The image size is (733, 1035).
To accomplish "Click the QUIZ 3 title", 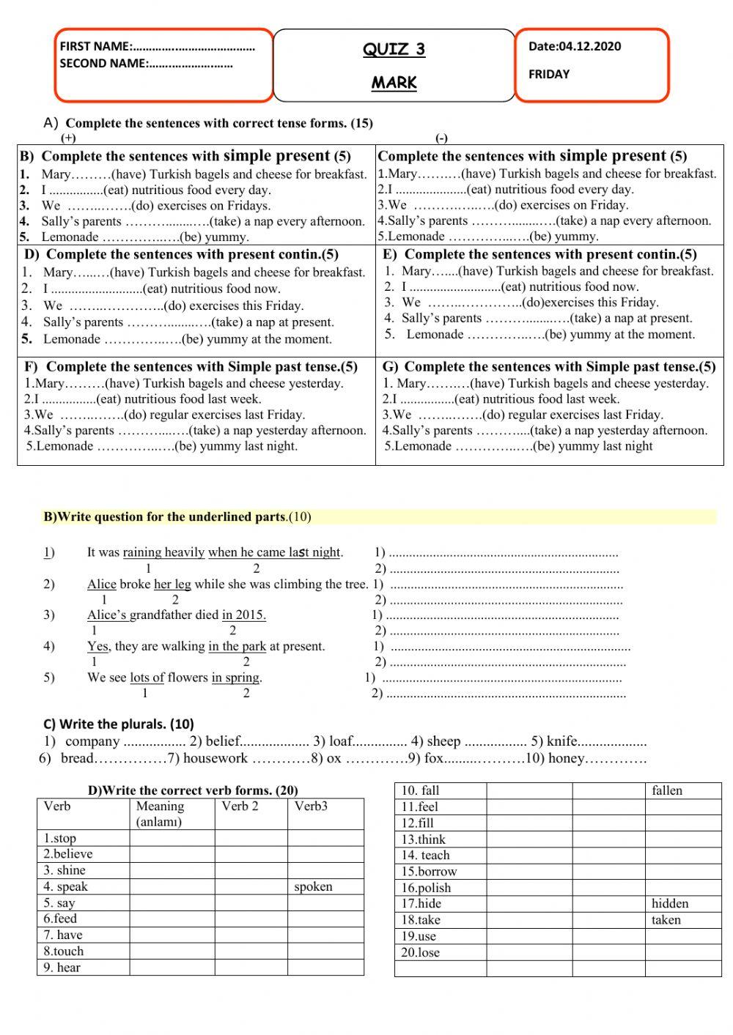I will coord(394,49).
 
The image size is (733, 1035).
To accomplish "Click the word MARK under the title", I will coord(394,83).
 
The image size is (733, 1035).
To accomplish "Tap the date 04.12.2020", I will coord(589,46).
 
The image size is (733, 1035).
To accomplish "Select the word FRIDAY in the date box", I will coord(548,74).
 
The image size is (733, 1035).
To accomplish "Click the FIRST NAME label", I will coord(95,46).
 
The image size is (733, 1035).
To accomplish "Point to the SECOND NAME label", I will coord(103,64).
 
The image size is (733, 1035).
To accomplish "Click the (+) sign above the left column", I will coord(68,138).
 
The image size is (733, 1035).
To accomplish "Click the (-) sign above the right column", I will coord(441,138).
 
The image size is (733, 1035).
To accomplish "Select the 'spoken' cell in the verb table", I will coord(313,886).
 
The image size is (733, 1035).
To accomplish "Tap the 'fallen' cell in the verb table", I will coord(666,790).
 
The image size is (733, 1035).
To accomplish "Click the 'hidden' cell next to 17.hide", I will coord(669,903).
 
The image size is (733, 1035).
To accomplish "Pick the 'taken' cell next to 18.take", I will coord(666,920).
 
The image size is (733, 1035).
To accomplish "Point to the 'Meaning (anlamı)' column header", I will coord(160,813).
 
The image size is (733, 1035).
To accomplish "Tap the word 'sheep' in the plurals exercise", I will coord(443,741).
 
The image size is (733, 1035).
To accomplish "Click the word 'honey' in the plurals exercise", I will coord(566,758).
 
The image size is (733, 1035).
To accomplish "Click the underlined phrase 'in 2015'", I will coord(243,615).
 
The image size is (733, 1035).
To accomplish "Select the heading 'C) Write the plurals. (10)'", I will coord(119,724).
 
